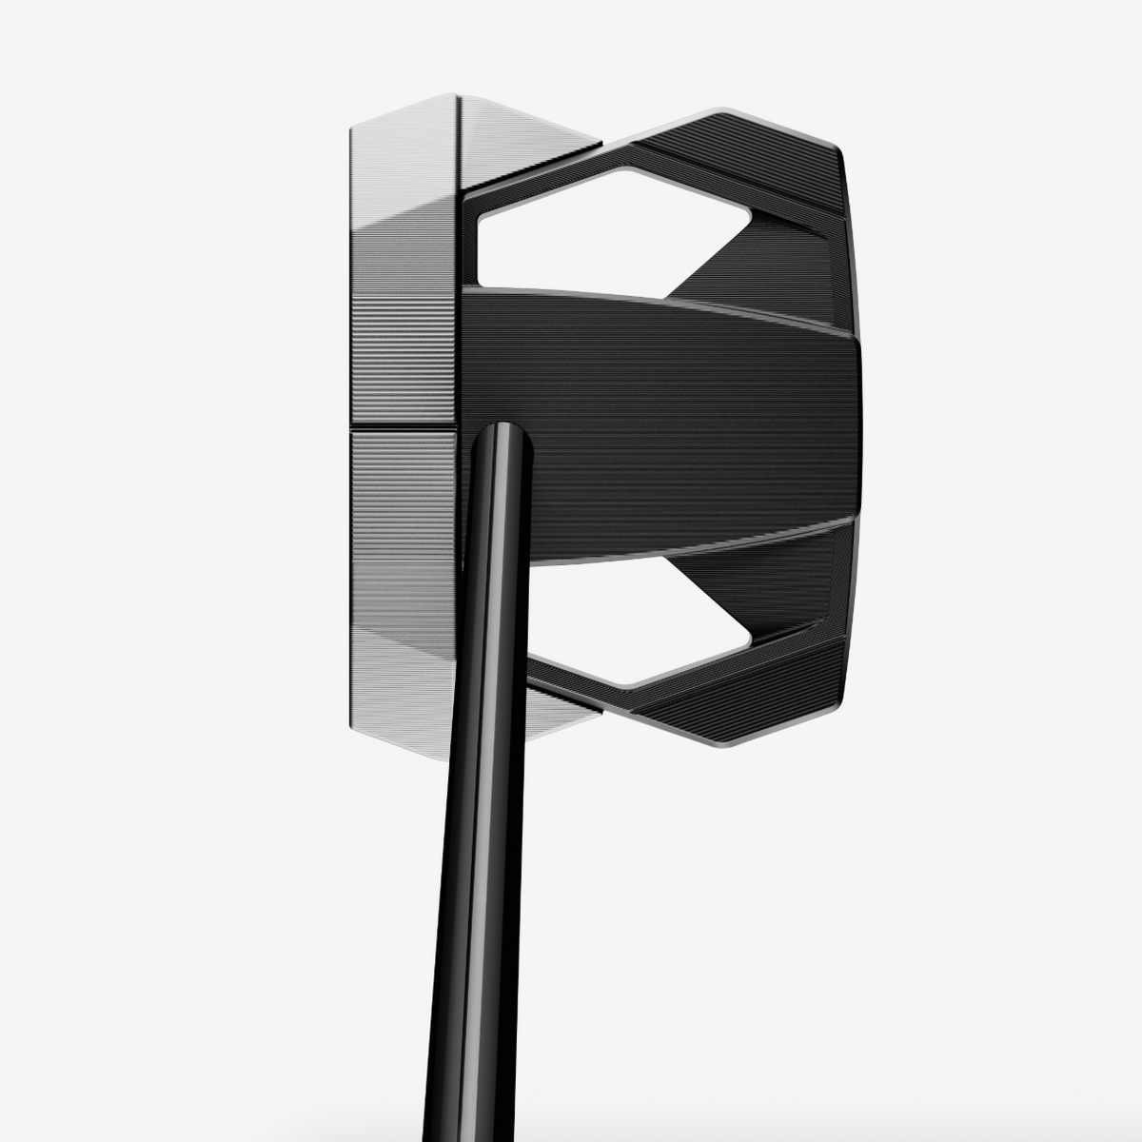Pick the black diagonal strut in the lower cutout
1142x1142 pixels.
coord(742,581)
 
